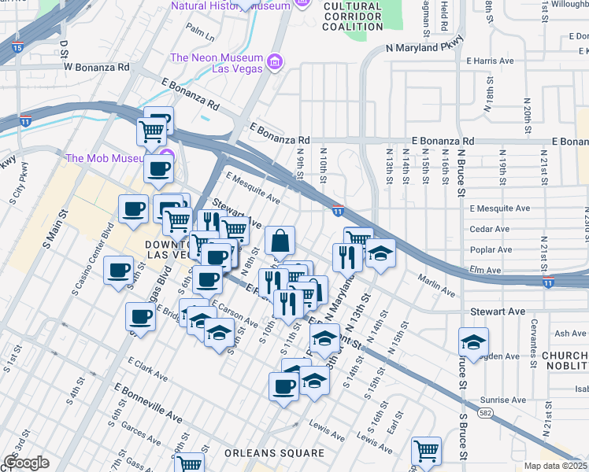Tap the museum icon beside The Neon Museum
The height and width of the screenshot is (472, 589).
[275, 61]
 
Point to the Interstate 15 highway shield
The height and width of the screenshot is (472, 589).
[17, 48]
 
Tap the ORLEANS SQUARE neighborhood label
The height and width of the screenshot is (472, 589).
[274, 453]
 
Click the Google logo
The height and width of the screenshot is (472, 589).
[25, 463]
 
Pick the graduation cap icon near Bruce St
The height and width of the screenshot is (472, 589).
[473, 342]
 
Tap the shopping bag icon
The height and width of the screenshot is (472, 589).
[280, 241]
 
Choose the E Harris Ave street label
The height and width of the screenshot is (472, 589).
[491, 60]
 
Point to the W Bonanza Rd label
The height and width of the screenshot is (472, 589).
[96, 67]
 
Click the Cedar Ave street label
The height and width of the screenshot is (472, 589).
[490, 230]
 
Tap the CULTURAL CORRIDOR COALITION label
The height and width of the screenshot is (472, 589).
[353, 16]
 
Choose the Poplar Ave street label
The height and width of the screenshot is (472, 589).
[491, 250]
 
